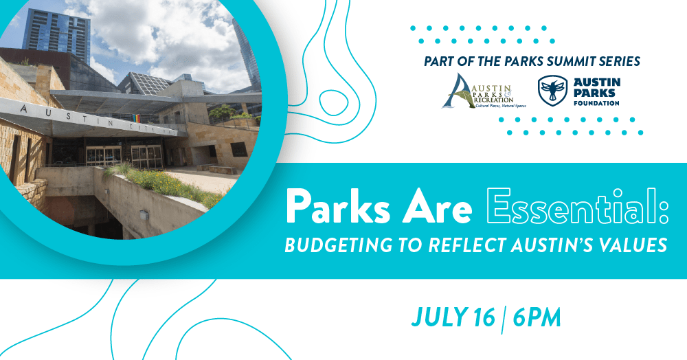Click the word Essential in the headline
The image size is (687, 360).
[578, 206]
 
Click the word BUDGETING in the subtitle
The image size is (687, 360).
[339, 245]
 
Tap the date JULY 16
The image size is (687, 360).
[453, 317]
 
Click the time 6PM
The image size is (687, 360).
[537, 317]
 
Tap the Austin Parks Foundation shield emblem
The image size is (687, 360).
[552, 91]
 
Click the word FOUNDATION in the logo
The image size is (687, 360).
[596, 103]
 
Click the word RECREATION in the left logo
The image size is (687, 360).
[493, 100]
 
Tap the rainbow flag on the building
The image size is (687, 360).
[137, 119]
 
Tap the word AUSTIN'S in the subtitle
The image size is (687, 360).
[547, 245]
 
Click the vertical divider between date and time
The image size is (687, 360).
[504, 319]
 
